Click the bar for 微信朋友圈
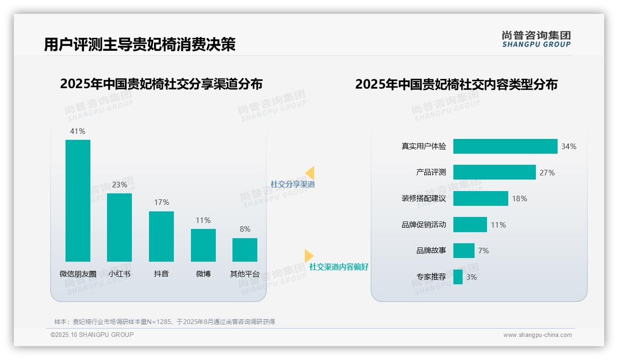[78, 201]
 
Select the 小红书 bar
[119, 228]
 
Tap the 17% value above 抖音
[161, 202]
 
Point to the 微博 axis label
[203, 274]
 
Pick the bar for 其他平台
[245, 250]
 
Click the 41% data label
[77, 131]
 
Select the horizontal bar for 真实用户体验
[505, 146]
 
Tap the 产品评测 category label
[431, 172]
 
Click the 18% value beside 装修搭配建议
[519, 198]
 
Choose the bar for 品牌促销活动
[470, 225]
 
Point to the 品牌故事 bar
[463, 251]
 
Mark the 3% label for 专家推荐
[471, 277]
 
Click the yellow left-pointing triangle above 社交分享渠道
[310, 173]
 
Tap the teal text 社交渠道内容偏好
[339, 267]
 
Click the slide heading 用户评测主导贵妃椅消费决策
[140, 44]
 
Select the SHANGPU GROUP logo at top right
[536, 39]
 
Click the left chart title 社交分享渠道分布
[161, 84]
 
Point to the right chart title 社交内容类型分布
[456, 84]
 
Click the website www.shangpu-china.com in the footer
[537, 335]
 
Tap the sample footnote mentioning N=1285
[165, 322]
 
